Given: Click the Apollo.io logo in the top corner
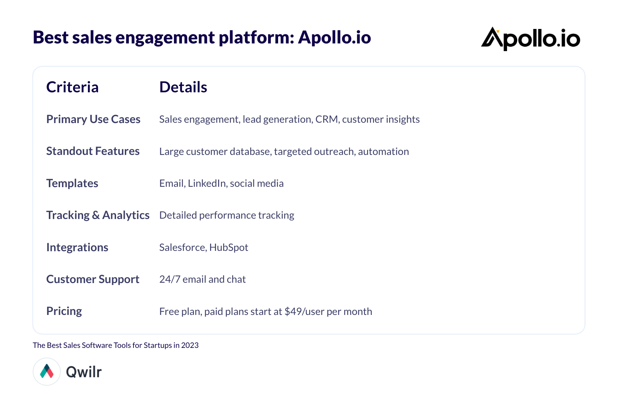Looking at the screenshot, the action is pos(531,39).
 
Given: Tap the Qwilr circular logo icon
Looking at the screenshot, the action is pos(47,371).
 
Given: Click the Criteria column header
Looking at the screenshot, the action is pos(72,87).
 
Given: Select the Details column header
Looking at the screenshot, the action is pos(183,87).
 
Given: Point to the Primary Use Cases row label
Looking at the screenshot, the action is pos(93,119).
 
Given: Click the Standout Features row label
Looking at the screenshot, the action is pos(93,151).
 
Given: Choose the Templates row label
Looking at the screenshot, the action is pos(72,184).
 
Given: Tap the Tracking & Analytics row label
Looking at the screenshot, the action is pos(98,215).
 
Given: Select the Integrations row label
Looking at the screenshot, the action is pos(77,247).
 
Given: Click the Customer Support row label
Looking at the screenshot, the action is pos(93,279).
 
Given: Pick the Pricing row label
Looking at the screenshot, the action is pos(64,311).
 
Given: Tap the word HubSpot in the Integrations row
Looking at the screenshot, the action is pos(229,247).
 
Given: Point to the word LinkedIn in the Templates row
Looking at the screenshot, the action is pos(207,184).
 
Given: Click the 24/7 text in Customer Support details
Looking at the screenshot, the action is pos(170,279).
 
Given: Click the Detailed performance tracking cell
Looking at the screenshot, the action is pos(227,215).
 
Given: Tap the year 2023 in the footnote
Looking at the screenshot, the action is pos(190,345).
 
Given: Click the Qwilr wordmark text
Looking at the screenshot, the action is pos(84,372).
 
